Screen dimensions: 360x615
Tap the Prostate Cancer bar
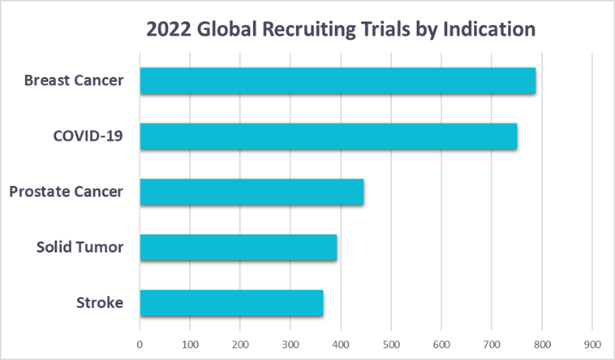(252, 192)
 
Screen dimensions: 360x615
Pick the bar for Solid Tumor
(238, 247)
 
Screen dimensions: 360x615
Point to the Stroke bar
(231, 303)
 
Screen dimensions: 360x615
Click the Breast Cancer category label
(74, 80)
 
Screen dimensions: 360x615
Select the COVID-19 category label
(88, 136)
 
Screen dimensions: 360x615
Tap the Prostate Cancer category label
(67, 192)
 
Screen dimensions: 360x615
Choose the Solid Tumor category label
(80, 247)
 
